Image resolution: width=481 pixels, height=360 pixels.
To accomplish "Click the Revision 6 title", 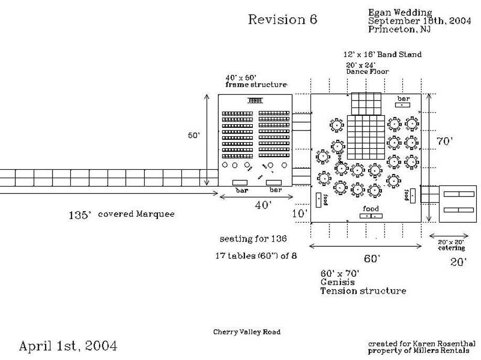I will [282, 20].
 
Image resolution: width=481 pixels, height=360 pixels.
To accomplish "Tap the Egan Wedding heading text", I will [400, 13].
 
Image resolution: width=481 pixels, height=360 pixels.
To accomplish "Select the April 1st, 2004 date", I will [68, 346].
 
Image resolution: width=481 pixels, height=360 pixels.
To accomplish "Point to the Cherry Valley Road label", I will [247, 332].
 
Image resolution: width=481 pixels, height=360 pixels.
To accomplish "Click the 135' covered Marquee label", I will [122, 214].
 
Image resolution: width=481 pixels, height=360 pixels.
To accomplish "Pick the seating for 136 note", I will [253, 239].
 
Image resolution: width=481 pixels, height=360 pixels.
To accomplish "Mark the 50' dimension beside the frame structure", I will [194, 135].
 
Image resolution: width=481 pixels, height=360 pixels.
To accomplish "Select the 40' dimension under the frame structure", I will [263, 205].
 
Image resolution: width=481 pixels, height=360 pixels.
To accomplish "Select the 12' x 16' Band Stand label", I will [382, 54].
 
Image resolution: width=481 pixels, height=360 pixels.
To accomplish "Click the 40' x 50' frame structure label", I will [256, 81].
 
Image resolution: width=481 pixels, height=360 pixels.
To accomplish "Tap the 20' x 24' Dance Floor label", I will [362, 68].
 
